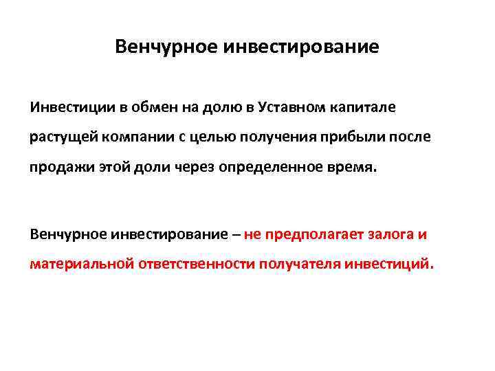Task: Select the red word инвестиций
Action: (389, 264)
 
